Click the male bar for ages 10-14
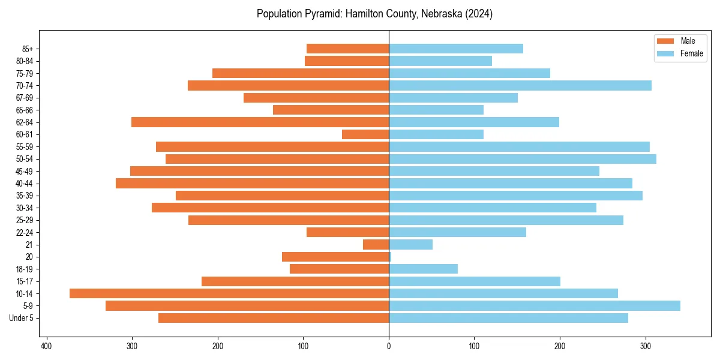(229, 293)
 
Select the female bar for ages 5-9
(535, 305)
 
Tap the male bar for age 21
(376, 244)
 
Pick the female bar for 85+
(456, 49)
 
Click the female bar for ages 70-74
(520, 85)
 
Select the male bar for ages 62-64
(260, 122)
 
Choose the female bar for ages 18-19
(424, 269)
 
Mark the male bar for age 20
(335, 257)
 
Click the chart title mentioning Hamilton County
(374, 14)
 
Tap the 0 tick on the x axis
(389, 346)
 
